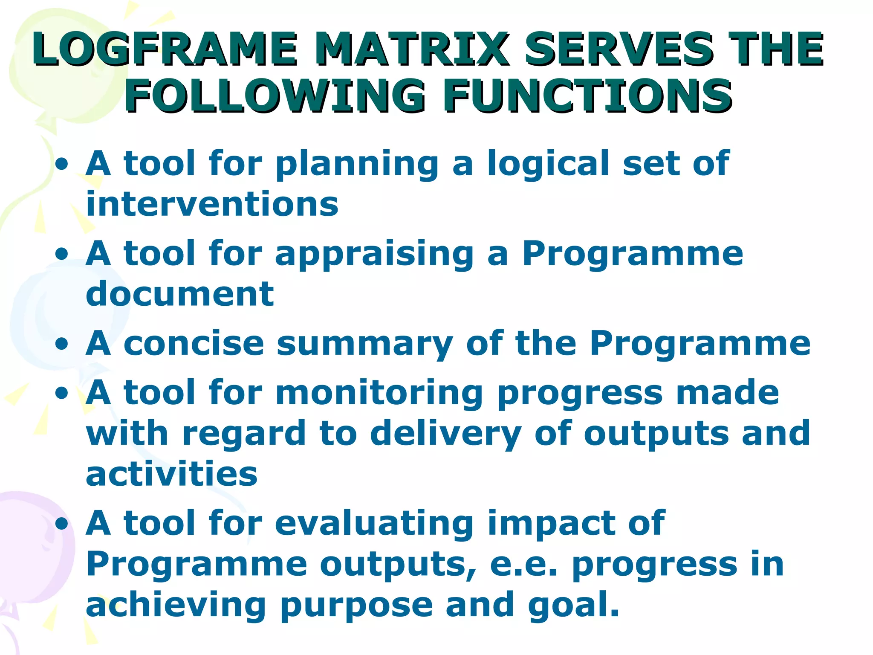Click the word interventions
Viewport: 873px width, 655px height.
coord(212,204)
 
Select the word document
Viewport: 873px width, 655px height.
coord(179,294)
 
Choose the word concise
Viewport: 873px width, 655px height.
coord(194,344)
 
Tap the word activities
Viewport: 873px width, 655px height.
coord(172,474)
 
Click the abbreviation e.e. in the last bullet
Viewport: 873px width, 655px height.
coord(524,564)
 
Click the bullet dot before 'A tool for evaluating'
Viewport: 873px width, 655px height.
coord(62,524)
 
